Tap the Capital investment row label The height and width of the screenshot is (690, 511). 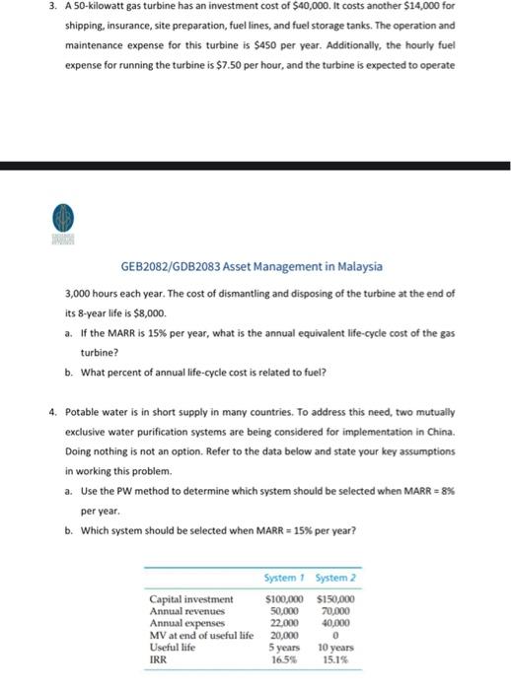[x=191, y=598]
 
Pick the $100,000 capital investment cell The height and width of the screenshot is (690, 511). [x=284, y=598]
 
